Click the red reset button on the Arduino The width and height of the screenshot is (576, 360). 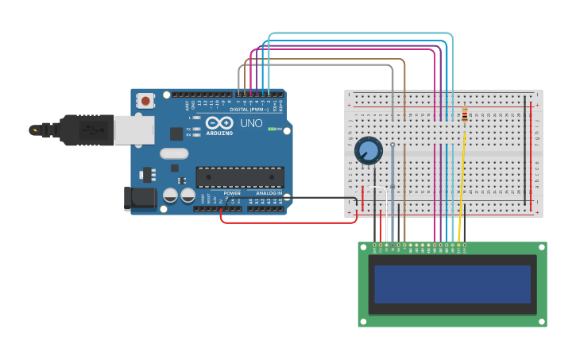pos(145,101)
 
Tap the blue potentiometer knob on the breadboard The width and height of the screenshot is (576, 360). pos(368,150)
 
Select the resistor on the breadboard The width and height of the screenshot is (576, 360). pos(464,116)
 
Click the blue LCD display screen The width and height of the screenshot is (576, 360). pos(452,284)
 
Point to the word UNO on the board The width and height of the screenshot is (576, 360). pos(251,123)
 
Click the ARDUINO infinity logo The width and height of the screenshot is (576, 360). pos(218,123)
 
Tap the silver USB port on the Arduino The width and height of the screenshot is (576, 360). pos(133,130)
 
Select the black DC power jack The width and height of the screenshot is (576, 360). pos(140,199)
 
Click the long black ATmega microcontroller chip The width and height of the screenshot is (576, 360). pos(239,177)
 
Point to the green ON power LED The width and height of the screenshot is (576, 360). pos(273,129)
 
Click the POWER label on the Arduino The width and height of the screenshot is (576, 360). pos(231,193)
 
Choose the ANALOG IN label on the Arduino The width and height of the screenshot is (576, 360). pos(269,193)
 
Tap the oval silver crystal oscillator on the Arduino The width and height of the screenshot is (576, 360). pos(174,153)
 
